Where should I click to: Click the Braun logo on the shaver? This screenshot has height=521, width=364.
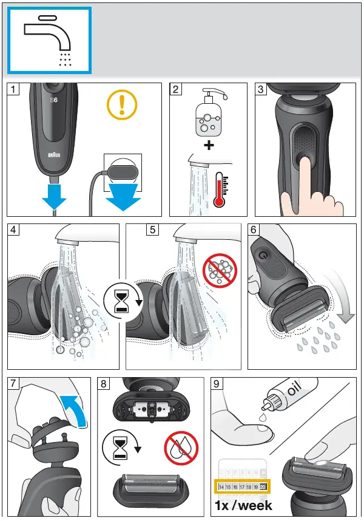[55, 157]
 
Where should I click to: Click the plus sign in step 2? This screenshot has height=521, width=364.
[207, 146]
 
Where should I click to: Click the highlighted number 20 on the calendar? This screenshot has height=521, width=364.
[263, 487]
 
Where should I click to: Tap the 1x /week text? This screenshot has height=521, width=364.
[243, 505]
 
